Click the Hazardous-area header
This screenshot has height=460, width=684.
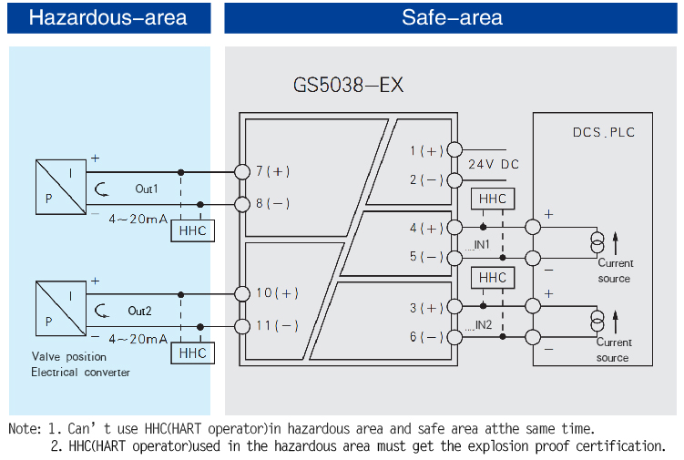[x=107, y=17]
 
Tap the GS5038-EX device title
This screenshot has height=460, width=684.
[x=348, y=86]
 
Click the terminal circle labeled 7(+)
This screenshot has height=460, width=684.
[x=241, y=171]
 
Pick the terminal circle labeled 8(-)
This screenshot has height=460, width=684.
[x=241, y=203]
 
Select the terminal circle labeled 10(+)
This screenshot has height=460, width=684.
[x=241, y=293]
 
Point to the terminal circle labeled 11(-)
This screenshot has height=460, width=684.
[x=241, y=326]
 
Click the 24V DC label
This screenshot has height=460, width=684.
[x=494, y=164]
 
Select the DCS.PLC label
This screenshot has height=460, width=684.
[x=603, y=132]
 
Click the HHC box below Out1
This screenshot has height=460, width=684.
[x=192, y=230]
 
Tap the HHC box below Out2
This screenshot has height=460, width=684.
[x=192, y=353]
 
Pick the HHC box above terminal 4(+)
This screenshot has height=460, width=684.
[x=492, y=199]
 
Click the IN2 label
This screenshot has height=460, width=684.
[x=479, y=325]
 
